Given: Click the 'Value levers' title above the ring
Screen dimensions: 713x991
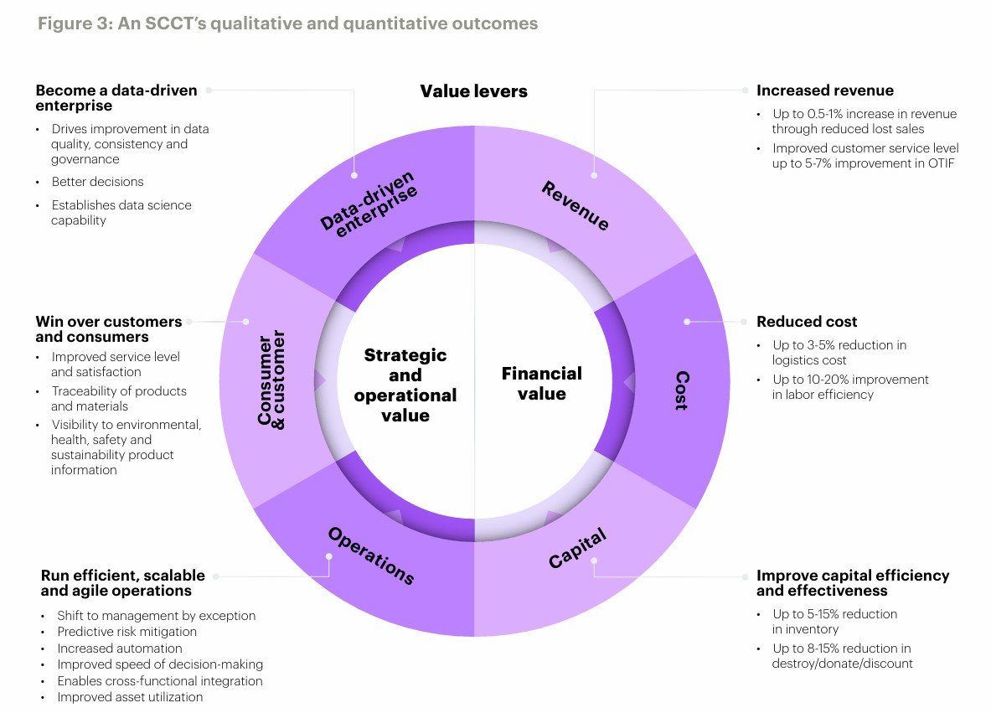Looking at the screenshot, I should pyautogui.click(x=473, y=91).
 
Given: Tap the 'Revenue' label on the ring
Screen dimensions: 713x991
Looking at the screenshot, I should pyautogui.click(x=575, y=206).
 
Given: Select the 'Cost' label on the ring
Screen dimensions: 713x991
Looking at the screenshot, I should pyautogui.click(x=682, y=390).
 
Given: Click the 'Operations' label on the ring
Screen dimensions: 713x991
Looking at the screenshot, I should pyautogui.click(x=371, y=555).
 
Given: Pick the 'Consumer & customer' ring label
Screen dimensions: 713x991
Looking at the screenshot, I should pyautogui.click(x=272, y=380).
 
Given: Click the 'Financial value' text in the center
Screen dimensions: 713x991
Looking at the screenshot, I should pyautogui.click(x=541, y=383).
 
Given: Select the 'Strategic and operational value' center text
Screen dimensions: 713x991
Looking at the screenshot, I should pyautogui.click(x=405, y=385).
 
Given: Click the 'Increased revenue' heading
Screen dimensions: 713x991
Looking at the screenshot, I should pyautogui.click(x=824, y=90).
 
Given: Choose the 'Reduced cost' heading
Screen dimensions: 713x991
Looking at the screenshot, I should pyautogui.click(x=807, y=322).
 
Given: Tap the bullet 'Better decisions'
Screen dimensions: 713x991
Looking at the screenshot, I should pyautogui.click(x=97, y=182).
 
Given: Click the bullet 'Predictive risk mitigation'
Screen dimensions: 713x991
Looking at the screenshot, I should pyautogui.click(x=126, y=632).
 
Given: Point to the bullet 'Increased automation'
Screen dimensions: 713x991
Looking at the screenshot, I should pyautogui.click(x=119, y=648).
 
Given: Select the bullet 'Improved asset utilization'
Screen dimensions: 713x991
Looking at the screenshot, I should pyautogui.click(x=130, y=696).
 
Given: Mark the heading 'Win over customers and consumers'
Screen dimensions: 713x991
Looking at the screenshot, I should pyautogui.click(x=108, y=329).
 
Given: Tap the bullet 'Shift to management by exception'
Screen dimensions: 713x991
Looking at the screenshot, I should pyautogui.click(x=156, y=615).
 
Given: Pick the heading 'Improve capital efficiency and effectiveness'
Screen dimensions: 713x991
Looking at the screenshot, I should pyautogui.click(x=852, y=582).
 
